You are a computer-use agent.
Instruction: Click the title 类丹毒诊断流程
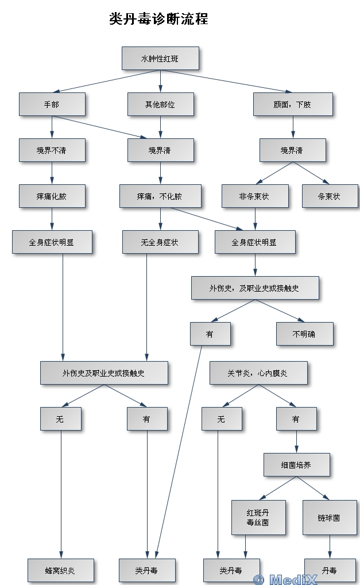click(158, 20)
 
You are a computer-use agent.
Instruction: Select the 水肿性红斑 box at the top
click(160, 59)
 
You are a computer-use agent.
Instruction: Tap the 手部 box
click(52, 104)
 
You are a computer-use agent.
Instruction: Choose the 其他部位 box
click(160, 104)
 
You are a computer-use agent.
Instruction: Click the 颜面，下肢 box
click(293, 104)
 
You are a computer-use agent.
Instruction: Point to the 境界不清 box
click(52, 150)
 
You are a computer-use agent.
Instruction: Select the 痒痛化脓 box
click(52, 196)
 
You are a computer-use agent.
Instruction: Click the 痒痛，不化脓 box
click(160, 196)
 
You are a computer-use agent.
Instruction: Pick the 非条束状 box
click(255, 196)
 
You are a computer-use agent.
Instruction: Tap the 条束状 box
click(330, 196)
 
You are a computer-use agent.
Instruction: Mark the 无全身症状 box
click(160, 242)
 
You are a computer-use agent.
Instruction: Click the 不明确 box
click(304, 334)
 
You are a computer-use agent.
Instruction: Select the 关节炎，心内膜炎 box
click(258, 373)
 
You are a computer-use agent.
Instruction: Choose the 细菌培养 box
click(296, 465)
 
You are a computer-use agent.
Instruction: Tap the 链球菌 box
click(330, 517)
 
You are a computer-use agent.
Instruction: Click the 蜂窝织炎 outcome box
click(60, 571)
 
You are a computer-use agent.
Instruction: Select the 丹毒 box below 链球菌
click(330, 571)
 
